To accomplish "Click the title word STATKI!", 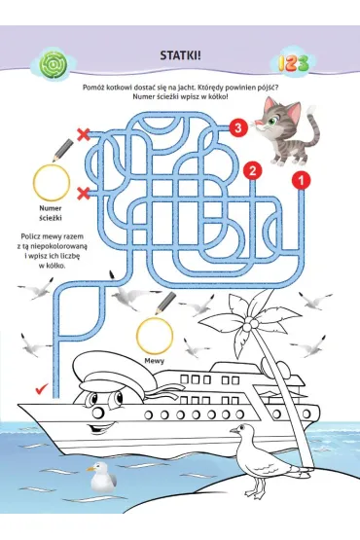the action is (180, 55).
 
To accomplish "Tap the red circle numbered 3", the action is (238, 128).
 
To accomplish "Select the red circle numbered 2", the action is (253, 171).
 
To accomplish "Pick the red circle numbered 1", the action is (301, 180).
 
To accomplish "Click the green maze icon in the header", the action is (54, 64).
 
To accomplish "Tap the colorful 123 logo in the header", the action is (293, 63).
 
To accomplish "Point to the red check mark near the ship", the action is (42, 388).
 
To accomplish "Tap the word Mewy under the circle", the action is (155, 361).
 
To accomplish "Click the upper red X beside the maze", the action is (83, 134).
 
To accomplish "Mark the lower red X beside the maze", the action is (83, 193).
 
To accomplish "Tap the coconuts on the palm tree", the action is (251, 324).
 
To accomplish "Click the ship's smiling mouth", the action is (96, 429).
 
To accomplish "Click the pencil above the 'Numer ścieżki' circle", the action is (62, 151).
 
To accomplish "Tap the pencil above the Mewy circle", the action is (165, 303).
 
